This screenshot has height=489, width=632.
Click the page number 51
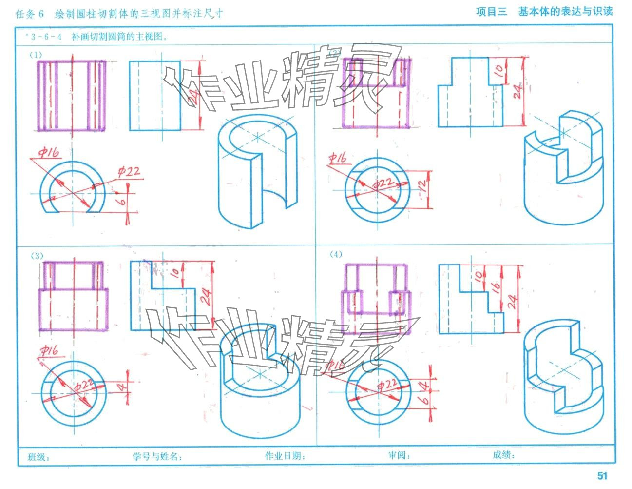click(x=602, y=476)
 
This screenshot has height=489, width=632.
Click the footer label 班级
click(x=38, y=457)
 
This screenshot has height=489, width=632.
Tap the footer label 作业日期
click(x=285, y=456)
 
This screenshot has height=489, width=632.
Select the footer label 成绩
click(x=503, y=455)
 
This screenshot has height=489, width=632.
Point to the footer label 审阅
click(x=399, y=455)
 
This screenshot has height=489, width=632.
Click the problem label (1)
click(x=36, y=54)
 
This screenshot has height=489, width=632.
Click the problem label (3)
click(x=37, y=255)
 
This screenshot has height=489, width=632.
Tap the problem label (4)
click(x=336, y=254)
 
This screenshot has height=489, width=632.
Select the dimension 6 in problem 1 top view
click(x=123, y=200)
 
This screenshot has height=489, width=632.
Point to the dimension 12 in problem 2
click(x=422, y=185)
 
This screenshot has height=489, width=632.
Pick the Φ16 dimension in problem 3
click(x=49, y=351)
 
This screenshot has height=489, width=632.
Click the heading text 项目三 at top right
click(x=491, y=12)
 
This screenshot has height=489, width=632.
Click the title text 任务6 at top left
click(x=30, y=14)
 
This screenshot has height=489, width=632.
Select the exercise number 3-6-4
click(x=46, y=36)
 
